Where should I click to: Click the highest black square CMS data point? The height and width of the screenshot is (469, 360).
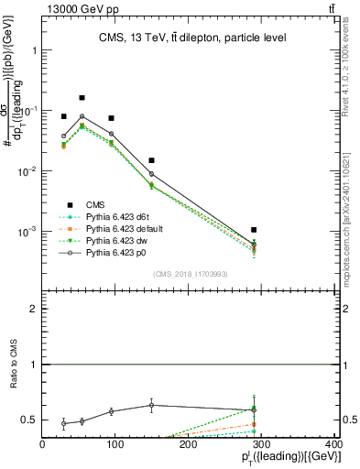tap(82, 97)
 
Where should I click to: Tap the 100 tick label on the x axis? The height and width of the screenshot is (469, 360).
tap(115, 444)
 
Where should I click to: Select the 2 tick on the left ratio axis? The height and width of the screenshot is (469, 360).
tap(35, 310)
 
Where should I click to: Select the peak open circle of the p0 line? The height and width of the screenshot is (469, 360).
tap(82, 116)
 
